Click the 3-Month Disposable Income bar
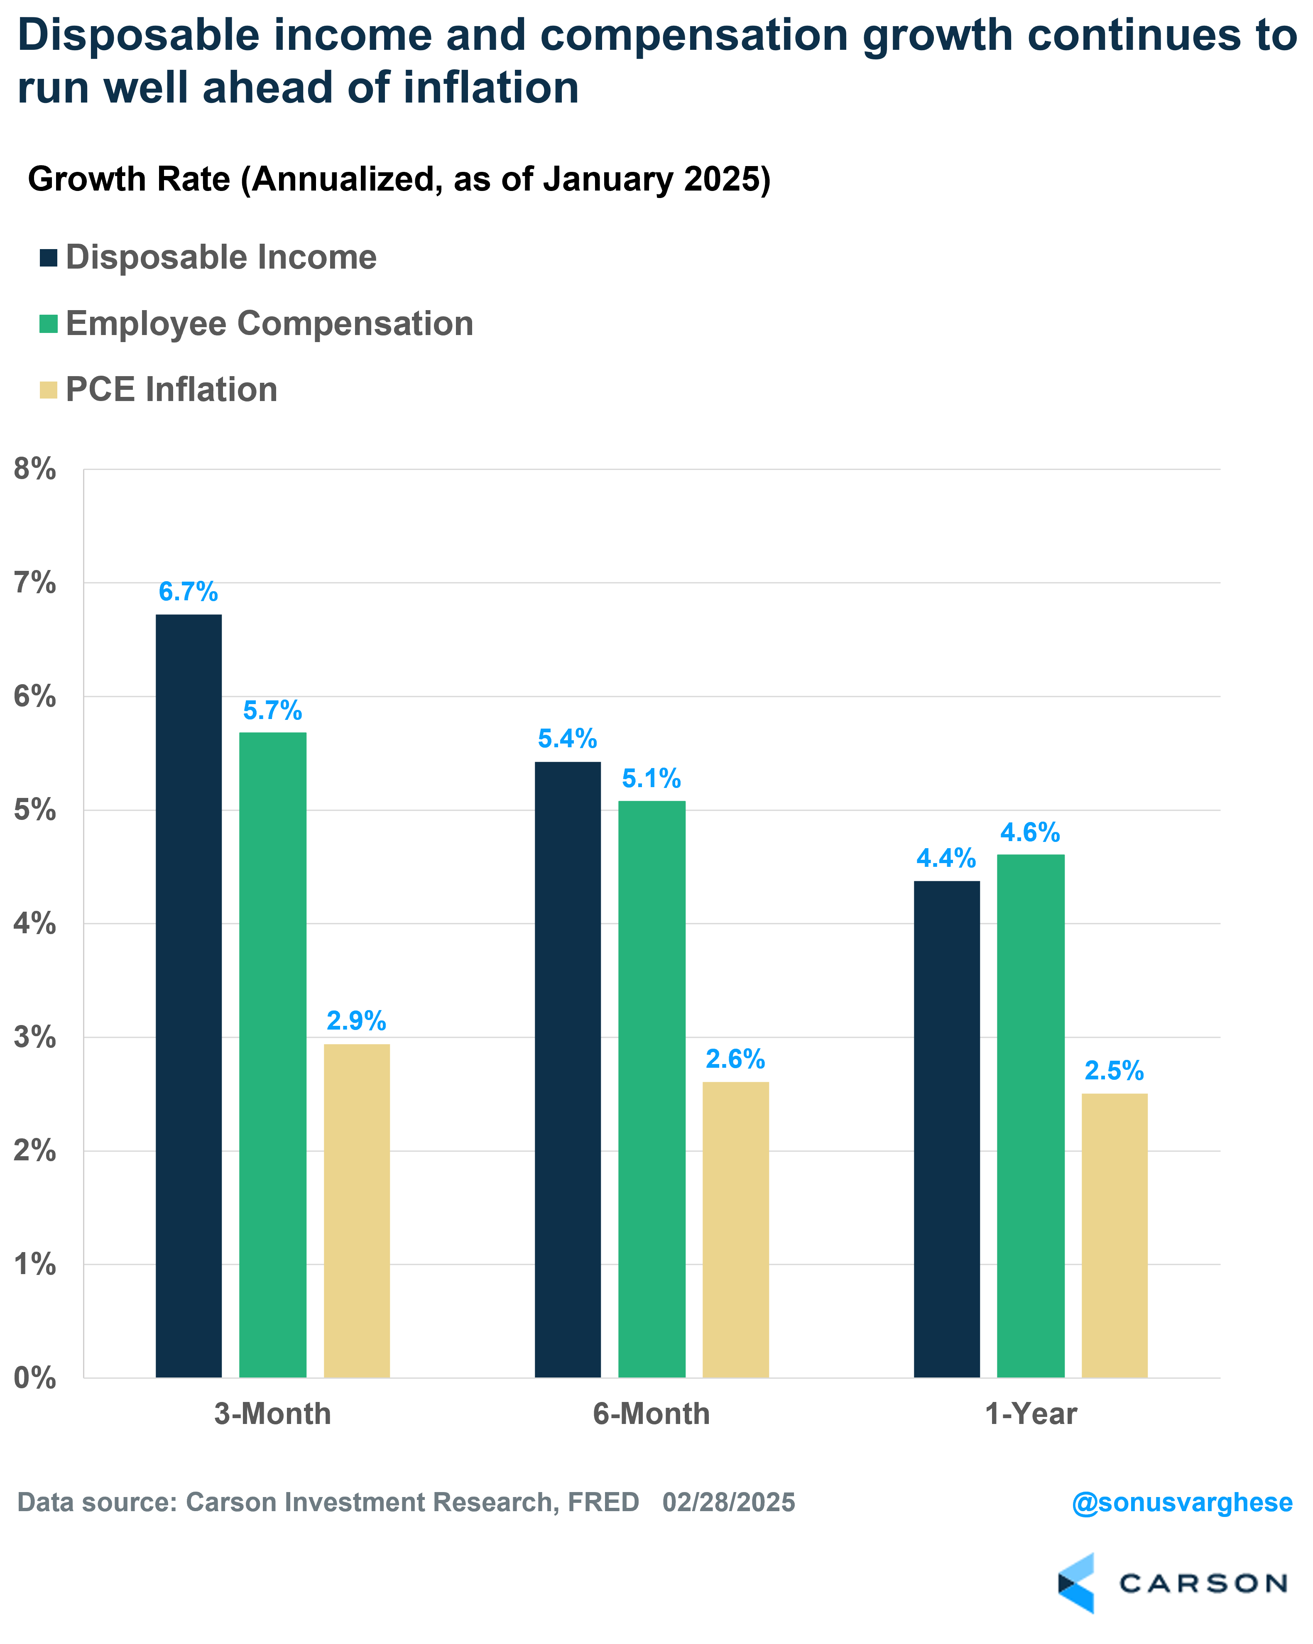click(x=189, y=995)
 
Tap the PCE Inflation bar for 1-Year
click(x=1114, y=1235)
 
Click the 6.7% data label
click(x=189, y=592)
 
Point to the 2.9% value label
click(x=356, y=1020)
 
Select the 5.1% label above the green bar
click(x=651, y=778)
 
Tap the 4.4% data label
click(x=946, y=859)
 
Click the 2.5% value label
click(x=1114, y=1071)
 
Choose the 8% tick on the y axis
click(x=35, y=469)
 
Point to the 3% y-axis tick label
click(x=35, y=1037)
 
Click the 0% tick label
click(x=35, y=1378)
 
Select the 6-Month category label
click(x=651, y=1414)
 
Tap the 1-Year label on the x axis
click(x=1031, y=1414)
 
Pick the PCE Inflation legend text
click(x=171, y=390)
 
